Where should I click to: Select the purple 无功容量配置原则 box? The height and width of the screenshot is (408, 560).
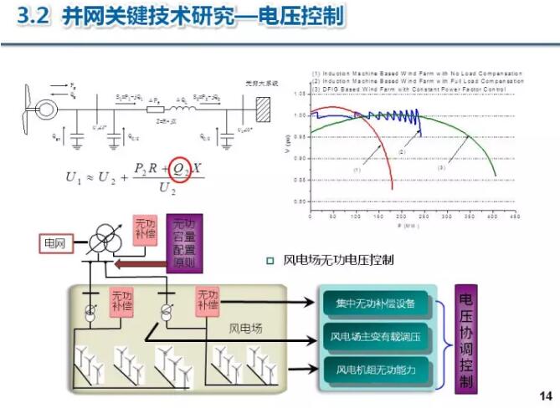click(x=183, y=245)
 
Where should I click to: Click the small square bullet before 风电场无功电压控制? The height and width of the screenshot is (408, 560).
click(x=270, y=261)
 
